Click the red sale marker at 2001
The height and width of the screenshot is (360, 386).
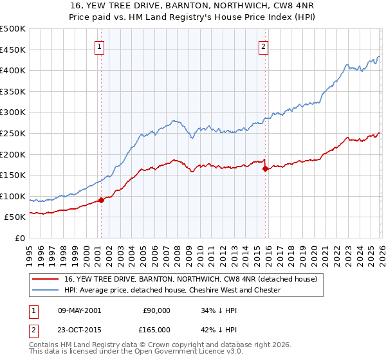click(101, 200)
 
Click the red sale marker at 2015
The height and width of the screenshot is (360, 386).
click(265, 169)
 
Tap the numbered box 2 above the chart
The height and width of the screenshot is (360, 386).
click(264, 46)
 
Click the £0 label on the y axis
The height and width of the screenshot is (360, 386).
click(21, 238)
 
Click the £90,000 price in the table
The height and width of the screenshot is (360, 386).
click(156, 310)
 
